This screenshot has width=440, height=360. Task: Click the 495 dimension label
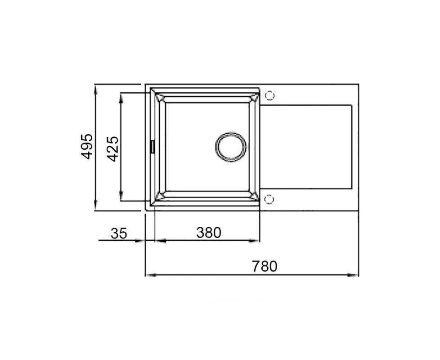87,146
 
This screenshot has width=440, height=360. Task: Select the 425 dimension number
113,148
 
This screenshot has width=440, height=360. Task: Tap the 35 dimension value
119,234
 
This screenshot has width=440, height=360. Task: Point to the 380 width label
209,233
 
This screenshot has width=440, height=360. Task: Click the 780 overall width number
265,266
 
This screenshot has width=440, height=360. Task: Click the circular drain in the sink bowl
231,147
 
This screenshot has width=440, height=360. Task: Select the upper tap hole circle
269,96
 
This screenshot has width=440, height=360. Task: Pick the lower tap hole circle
269,199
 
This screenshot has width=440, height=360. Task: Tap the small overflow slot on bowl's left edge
153,147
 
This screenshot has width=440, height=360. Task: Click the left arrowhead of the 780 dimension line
151,275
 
